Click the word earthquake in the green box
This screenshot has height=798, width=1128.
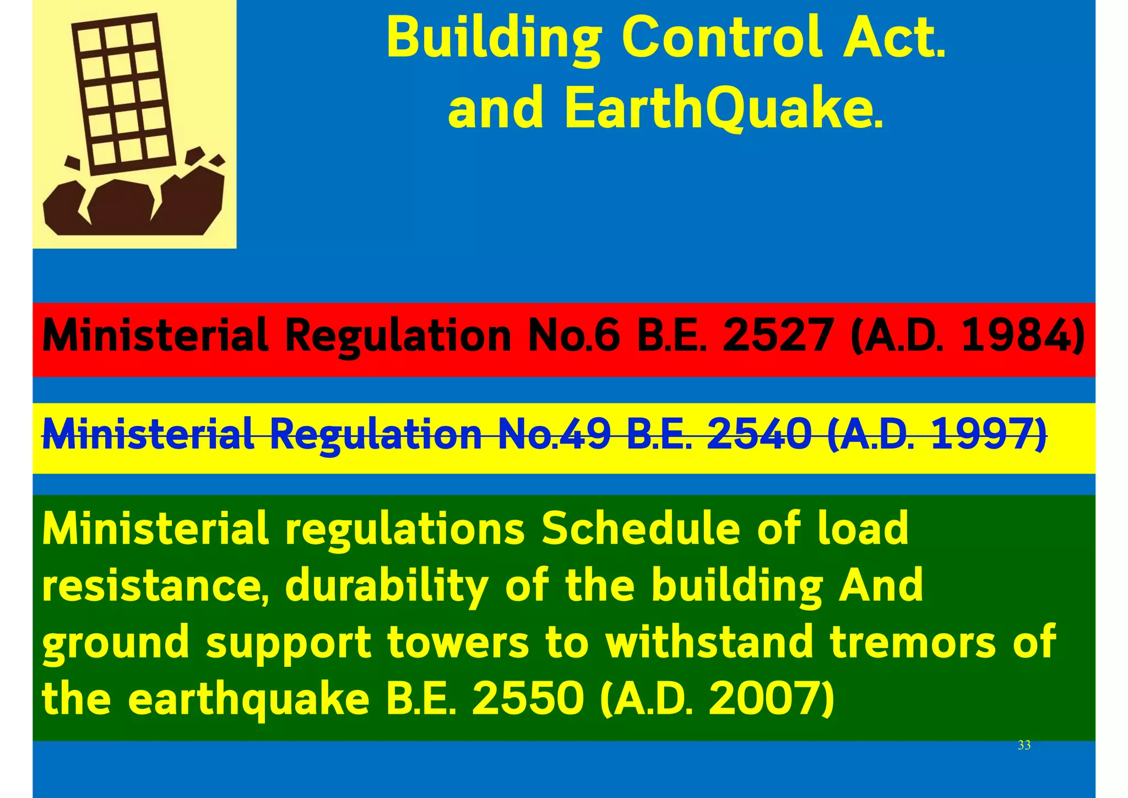pyautogui.click(x=248, y=699)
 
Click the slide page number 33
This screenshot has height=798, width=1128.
pyautogui.click(x=1024, y=745)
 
